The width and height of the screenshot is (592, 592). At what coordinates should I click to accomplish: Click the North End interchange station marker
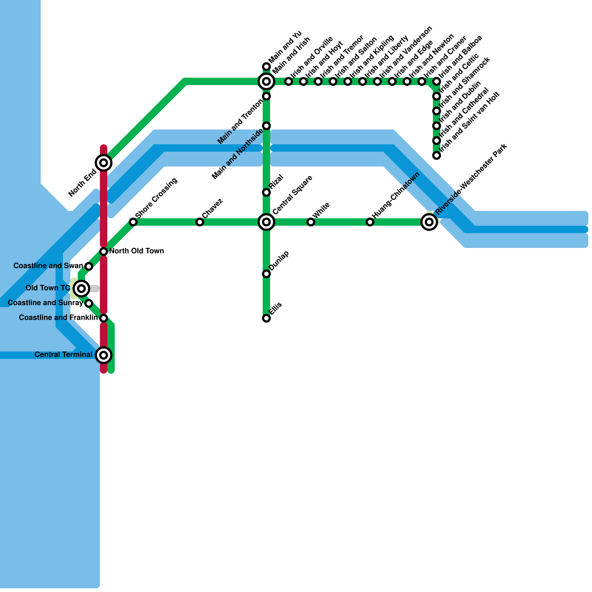tap(104, 163)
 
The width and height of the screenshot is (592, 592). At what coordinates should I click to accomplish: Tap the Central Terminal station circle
tap(104, 355)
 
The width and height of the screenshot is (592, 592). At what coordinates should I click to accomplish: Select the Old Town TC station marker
tap(81, 288)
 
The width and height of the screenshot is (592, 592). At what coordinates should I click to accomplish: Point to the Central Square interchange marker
tap(266, 222)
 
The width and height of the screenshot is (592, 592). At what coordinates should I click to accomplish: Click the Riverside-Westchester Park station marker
tap(429, 222)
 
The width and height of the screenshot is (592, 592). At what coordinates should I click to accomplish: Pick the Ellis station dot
tap(266, 318)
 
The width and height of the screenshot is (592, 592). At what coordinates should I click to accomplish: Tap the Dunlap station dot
tap(266, 274)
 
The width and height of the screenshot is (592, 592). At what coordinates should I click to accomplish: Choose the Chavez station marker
tap(200, 222)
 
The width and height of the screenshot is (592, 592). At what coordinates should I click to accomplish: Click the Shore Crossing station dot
tap(133, 222)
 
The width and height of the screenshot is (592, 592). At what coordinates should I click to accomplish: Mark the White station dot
tap(311, 222)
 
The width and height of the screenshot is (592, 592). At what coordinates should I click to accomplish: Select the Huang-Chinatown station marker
tap(370, 222)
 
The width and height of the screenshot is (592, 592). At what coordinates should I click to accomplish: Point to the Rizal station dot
tap(266, 192)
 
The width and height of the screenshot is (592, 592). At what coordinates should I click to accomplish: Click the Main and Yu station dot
tap(266, 67)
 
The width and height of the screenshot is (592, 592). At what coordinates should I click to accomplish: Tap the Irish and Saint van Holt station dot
tap(437, 155)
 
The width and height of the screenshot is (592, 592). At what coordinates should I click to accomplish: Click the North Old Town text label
tap(137, 251)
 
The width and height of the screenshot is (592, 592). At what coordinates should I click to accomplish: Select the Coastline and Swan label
tap(48, 266)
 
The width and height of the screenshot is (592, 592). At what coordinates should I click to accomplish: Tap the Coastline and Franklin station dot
tap(104, 318)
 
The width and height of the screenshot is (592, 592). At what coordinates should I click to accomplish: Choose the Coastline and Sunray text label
tap(45, 303)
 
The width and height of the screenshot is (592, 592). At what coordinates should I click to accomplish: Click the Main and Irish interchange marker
tap(266, 81)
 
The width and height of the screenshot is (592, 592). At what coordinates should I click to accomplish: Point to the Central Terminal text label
tap(63, 355)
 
